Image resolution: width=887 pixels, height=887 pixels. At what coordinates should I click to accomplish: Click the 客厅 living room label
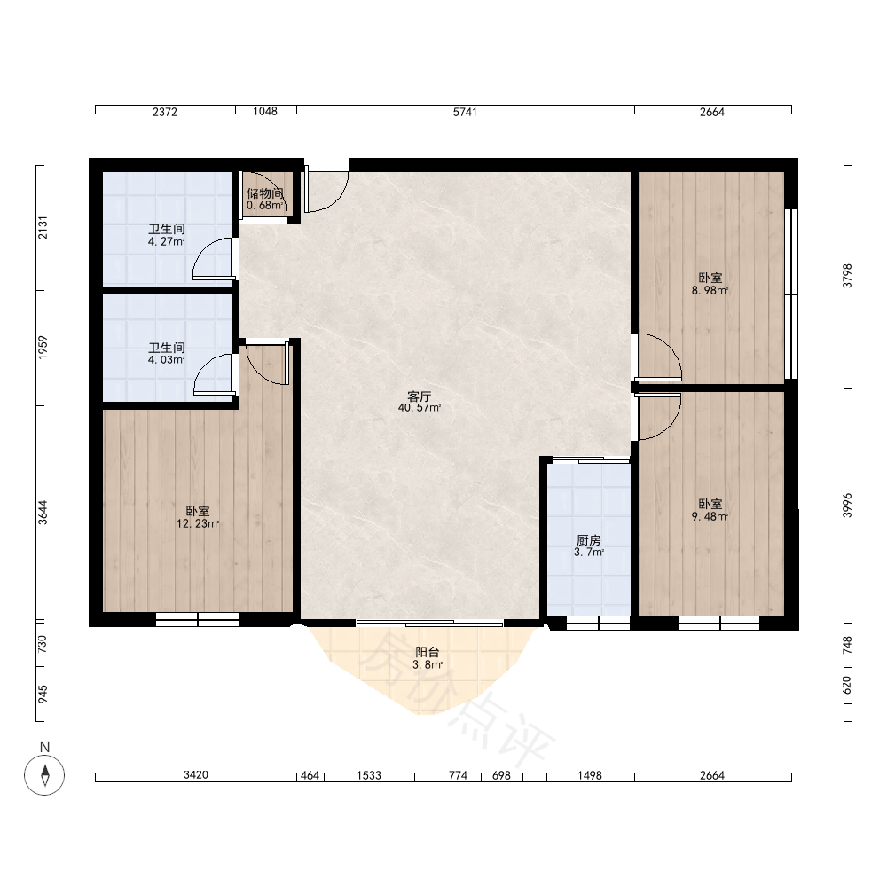point(420,396)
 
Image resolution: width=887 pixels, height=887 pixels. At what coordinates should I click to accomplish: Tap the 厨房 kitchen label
point(588,540)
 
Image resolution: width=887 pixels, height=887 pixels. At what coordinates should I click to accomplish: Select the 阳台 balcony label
point(428,652)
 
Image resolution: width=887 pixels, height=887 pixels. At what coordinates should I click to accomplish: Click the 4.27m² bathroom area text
point(167,241)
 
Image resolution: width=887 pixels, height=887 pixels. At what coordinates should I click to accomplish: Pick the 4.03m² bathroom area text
point(167,360)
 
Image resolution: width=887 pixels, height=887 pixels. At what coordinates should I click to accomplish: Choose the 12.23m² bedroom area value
point(198,524)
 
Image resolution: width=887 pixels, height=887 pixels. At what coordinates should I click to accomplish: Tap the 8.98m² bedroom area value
point(710,291)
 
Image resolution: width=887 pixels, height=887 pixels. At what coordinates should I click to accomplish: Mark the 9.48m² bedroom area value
point(710,516)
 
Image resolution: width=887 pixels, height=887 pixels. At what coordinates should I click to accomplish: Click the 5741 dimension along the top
point(465,112)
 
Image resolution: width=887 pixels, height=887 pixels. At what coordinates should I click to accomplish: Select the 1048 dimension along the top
point(264,112)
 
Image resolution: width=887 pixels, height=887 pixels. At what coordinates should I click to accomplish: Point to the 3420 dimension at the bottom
point(196,775)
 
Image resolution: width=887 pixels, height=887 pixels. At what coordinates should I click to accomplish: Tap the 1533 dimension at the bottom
point(369,775)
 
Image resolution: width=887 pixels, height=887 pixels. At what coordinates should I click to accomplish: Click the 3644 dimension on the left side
point(43,513)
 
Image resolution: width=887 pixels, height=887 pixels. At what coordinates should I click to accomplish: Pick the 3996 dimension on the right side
point(847,506)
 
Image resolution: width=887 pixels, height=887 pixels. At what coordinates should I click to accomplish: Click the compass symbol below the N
point(44,774)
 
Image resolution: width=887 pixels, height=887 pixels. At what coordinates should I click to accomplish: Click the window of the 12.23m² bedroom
point(198,620)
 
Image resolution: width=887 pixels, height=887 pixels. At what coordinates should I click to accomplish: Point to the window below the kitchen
point(599,623)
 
